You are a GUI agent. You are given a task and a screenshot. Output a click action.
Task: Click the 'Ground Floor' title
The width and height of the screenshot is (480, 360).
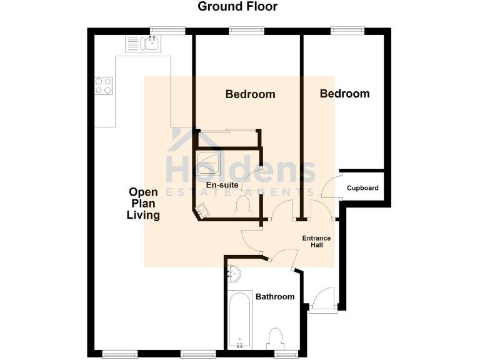point(237,7)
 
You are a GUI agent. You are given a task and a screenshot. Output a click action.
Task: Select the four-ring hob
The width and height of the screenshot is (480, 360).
point(103,86)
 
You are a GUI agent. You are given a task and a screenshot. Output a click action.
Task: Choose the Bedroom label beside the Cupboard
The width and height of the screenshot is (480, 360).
point(344,94)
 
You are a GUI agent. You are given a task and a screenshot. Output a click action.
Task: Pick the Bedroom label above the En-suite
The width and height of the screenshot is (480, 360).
point(250,94)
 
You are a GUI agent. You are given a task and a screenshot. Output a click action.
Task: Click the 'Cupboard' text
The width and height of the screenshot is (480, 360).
point(362,187)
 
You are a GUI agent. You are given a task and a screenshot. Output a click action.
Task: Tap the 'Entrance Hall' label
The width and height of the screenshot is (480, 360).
point(316,241)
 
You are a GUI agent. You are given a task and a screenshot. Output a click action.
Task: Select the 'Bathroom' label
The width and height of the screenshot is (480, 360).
point(275,296)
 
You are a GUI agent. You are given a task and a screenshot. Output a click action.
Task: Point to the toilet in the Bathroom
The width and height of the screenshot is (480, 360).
point(276,339)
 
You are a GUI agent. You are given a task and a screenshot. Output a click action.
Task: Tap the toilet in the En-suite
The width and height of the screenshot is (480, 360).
point(242,206)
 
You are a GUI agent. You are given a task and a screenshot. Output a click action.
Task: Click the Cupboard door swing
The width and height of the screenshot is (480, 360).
point(331,186)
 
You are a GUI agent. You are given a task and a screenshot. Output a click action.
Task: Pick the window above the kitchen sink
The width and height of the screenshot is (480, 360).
point(167,30)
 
